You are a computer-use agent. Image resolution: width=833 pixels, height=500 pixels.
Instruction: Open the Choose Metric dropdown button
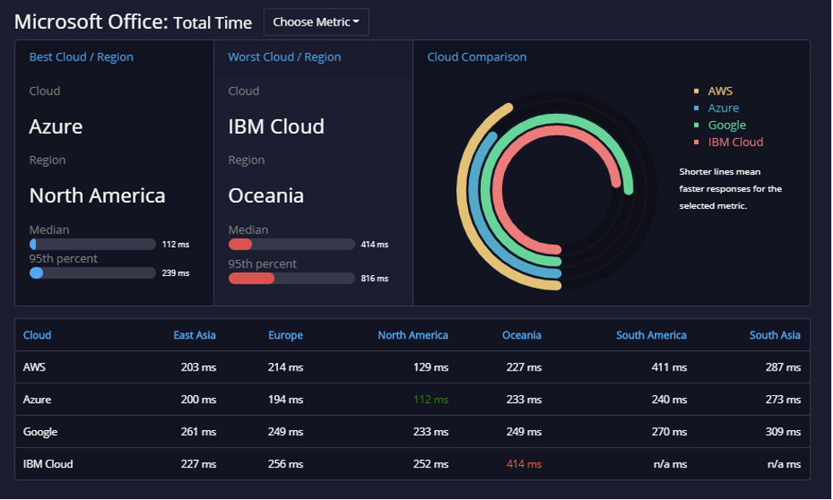coord(316,22)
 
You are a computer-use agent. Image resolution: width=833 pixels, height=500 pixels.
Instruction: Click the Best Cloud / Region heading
coord(81,57)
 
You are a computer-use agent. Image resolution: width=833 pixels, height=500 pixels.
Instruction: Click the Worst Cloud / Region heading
coord(284,57)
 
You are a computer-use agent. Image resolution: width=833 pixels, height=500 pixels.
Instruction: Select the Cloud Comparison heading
coord(477,57)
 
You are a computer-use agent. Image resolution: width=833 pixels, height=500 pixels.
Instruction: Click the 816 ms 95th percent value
coord(374,279)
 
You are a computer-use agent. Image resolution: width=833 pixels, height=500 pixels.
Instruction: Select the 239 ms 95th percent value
coord(176,273)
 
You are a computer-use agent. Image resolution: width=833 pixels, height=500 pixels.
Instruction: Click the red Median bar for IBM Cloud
coord(240,244)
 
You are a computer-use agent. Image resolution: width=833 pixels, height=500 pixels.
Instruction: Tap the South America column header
coord(651,335)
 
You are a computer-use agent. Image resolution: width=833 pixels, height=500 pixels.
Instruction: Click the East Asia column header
coord(194,335)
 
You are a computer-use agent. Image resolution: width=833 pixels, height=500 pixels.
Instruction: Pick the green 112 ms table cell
coord(431,399)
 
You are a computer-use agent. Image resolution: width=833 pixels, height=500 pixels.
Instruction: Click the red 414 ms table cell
coord(524,464)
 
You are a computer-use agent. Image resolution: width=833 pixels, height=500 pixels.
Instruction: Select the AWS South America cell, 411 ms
coord(669,367)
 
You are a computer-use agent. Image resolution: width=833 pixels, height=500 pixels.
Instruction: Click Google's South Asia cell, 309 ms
coord(783,432)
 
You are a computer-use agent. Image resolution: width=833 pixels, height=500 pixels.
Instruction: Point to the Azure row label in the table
coord(38,399)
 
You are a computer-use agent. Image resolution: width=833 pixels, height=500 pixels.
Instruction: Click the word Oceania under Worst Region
coord(266,196)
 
